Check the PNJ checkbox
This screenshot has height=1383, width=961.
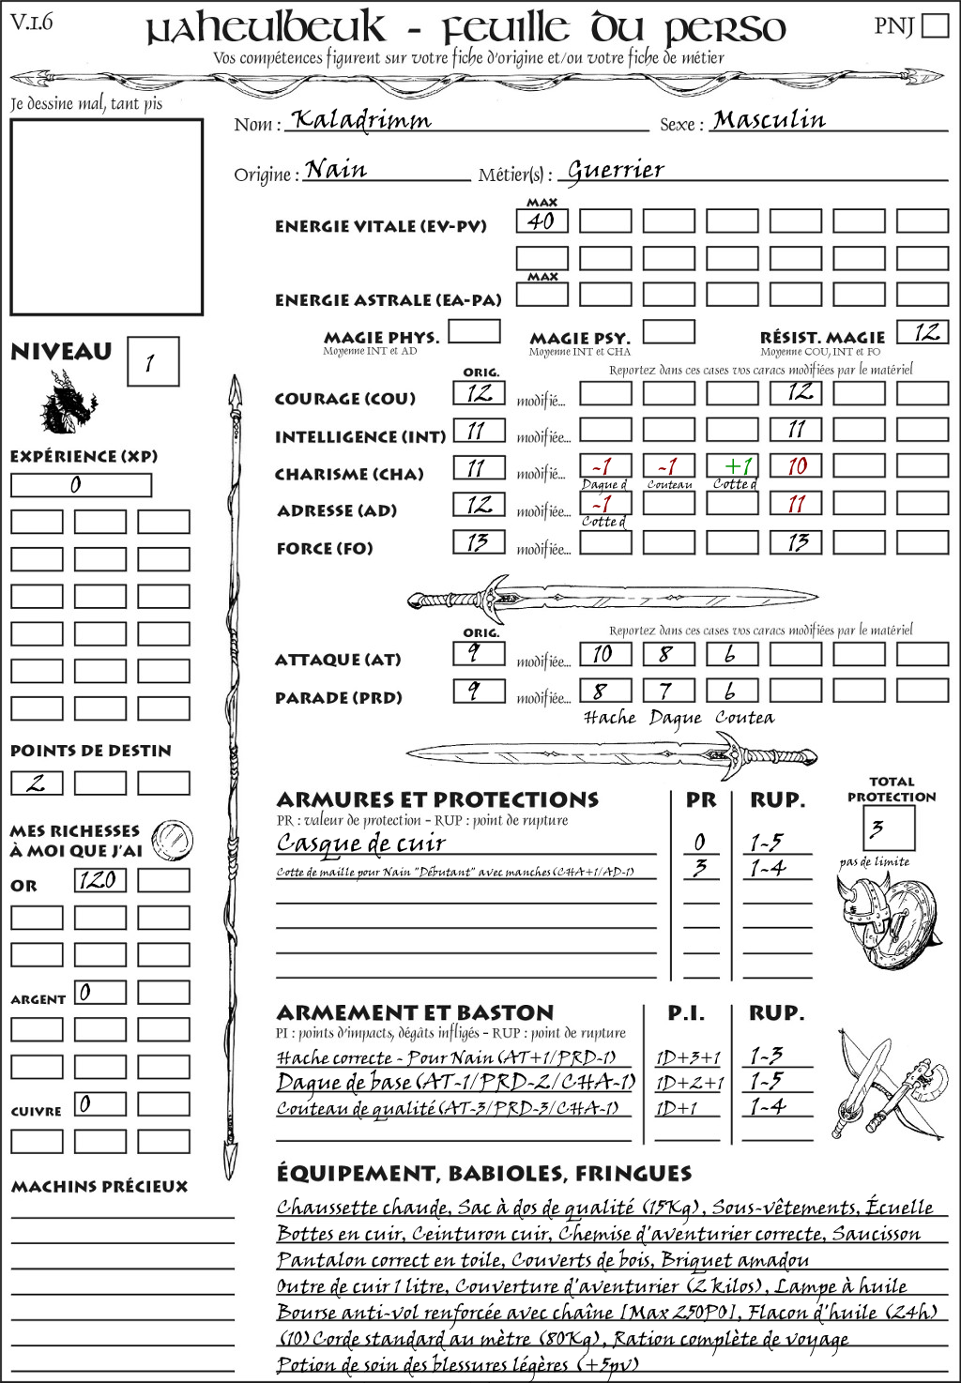pyautogui.click(x=935, y=24)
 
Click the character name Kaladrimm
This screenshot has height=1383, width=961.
pyautogui.click(x=361, y=121)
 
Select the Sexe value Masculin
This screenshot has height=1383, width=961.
pyautogui.click(x=769, y=120)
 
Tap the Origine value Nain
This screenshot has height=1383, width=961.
pyautogui.click(x=336, y=170)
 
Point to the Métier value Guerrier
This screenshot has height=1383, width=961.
pyautogui.click(x=616, y=171)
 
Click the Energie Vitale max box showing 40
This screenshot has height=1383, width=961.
pyautogui.click(x=542, y=221)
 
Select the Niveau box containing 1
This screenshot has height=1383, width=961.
pyautogui.click(x=152, y=362)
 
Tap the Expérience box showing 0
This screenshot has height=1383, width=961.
pyautogui.click(x=80, y=485)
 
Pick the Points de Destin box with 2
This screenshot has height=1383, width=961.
pyautogui.click(x=37, y=783)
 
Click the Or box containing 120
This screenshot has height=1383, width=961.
pyautogui.click(x=99, y=880)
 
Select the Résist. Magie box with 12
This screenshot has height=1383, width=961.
pyautogui.click(x=923, y=332)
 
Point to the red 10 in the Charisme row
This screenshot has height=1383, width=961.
pyautogui.click(x=796, y=466)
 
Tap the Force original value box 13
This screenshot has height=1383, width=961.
pyautogui.click(x=479, y=541)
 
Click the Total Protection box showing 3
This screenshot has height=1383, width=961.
pyautogui.click(x=889, y=828)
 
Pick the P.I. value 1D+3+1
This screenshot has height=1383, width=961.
pyautogui.click(x=688, y=1057)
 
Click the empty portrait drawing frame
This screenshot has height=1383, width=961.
pyautogui.click(x=106, y=217)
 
